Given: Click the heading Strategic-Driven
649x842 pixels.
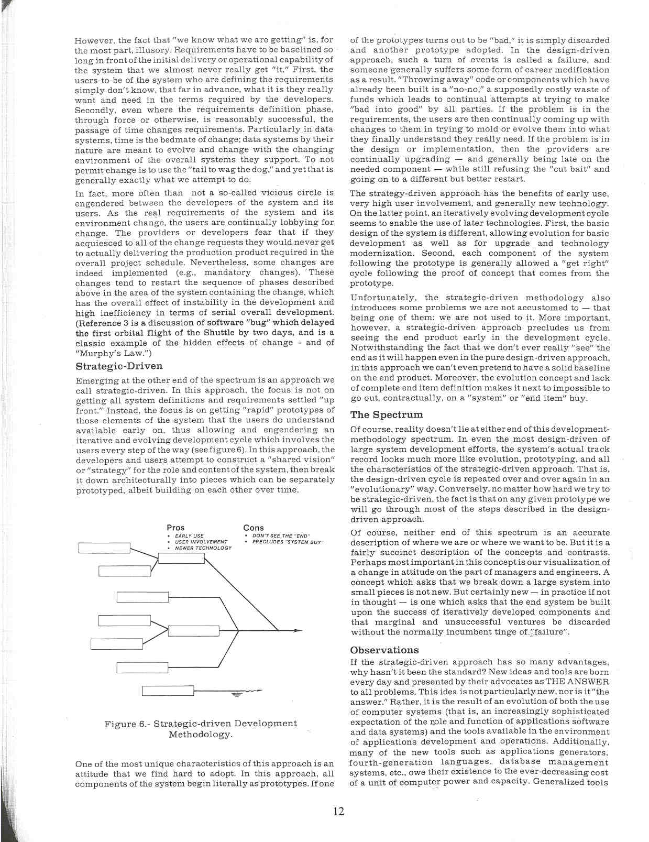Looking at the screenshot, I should (x=119, y=366).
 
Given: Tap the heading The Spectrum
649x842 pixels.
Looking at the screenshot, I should (x=386, y=415).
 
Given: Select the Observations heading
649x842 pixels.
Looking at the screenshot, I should (x=384, y=650).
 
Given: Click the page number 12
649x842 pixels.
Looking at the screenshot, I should (x=338, y=811).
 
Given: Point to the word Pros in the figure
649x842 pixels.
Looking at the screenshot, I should (x=175, y=528).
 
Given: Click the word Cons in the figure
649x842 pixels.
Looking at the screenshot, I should (x=254, y=528).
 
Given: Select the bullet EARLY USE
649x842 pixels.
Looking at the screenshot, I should (x=189, y=536).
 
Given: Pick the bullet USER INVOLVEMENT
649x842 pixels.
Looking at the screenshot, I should (x=201, y=542).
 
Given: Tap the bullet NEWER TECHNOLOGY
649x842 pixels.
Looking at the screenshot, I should (x=203, y=548).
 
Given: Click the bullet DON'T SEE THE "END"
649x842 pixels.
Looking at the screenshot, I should (x=281, y=535).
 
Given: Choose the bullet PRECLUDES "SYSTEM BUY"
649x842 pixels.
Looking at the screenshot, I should (x=288, y=542).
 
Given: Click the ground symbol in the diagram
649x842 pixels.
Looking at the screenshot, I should (x=236, y=695).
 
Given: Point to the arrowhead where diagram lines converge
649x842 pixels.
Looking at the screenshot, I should (x=276, y=629).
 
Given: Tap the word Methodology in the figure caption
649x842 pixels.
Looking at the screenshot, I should (x=200, y=735).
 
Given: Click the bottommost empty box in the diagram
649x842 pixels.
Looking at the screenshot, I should (x=168, y=691).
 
